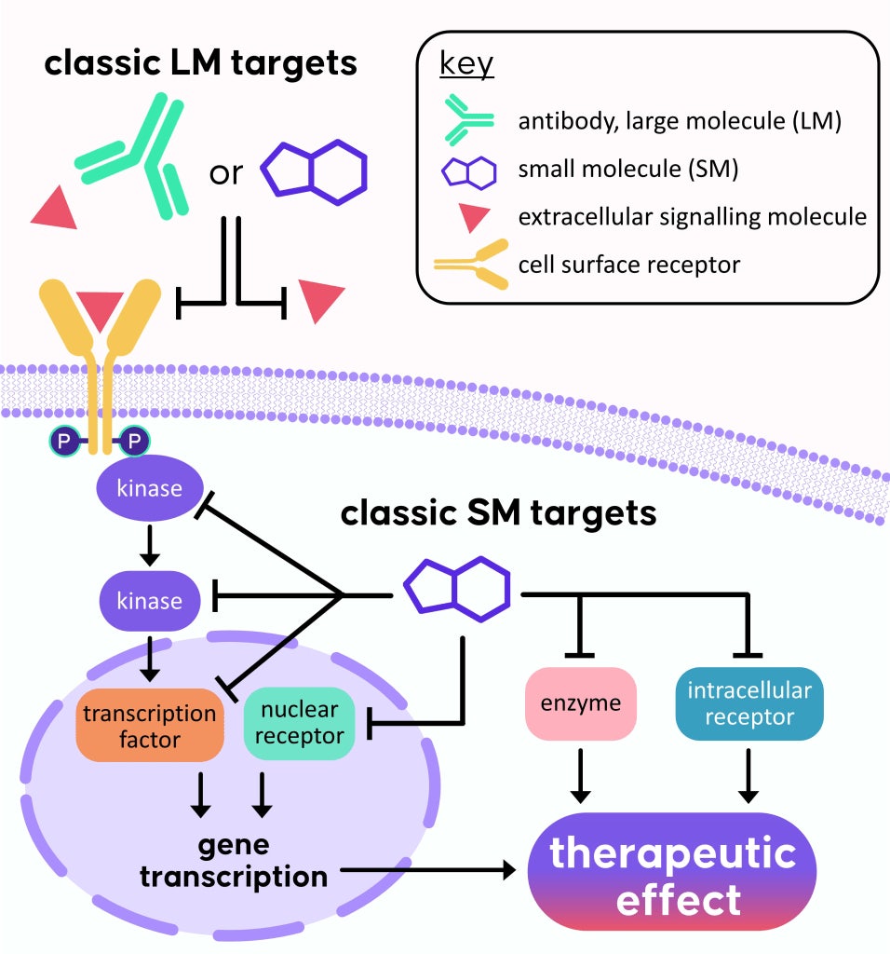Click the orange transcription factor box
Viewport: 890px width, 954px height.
click(x=150, y=728)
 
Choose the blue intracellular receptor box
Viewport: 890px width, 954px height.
click(x=748, y=703)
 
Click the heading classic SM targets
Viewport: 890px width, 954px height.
click(x=498, y=513)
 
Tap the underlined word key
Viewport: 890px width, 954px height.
click(x=466, y=68)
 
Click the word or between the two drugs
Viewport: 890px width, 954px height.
click(x=225, y=174)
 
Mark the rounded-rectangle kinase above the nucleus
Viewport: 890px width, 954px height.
click(x=149, y=599)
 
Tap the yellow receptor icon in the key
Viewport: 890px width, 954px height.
click(x=471, y=264)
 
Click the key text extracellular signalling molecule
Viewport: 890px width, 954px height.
click(x=693, y=217)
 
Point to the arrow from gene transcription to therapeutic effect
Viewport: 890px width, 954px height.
click(x=428, y=871)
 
